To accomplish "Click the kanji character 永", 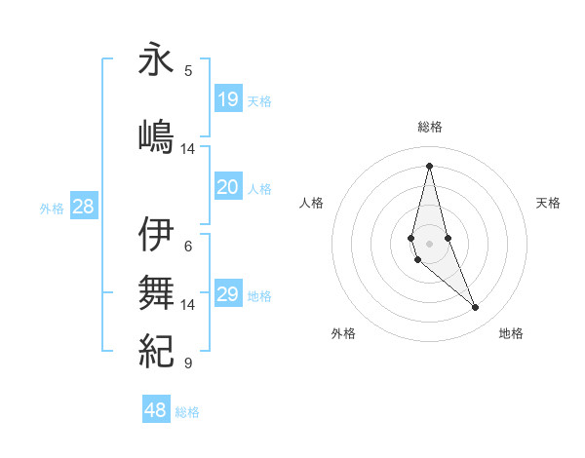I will tap(156, 60).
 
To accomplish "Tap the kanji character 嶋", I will tap(156, 134).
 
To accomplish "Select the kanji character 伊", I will tap(156, 234).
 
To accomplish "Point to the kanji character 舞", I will tap(156, 290).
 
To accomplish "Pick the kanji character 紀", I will tap(156, 349).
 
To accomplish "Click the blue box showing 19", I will tap(228, 98).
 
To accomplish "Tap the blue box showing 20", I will tap(228, 187).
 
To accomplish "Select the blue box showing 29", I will tap(228, 294).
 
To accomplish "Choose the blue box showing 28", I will tap(83, 207).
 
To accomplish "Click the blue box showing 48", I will tap(156, 410).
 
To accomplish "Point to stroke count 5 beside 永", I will tap(188, 70).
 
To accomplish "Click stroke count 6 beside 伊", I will tap(188, 246).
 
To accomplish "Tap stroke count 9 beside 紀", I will tap(188, 363).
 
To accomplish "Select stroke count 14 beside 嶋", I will tap(188, 149).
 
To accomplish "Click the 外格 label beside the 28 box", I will tap(51, 208).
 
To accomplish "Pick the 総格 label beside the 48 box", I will tap(187, 412).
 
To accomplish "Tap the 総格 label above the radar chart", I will tap(429, 127).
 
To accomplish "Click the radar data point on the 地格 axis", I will tap(476, 308).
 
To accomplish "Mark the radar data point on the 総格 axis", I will tap(429, 165).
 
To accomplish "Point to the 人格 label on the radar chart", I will tap(311, 203).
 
